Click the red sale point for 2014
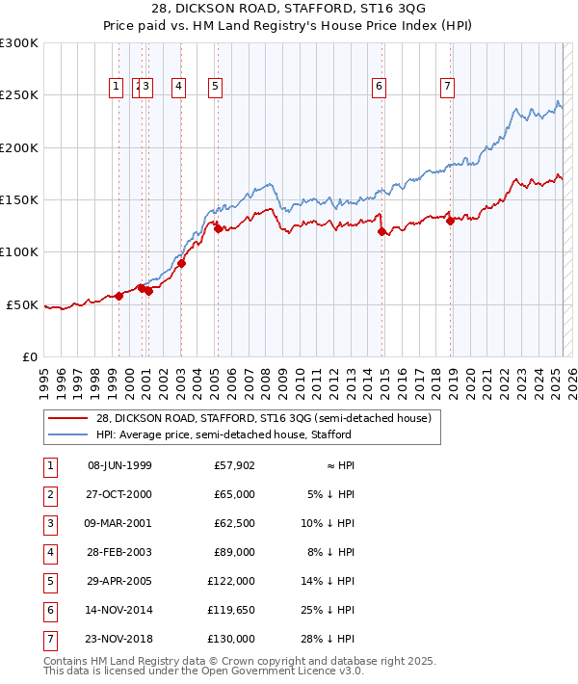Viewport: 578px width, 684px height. point(382,231)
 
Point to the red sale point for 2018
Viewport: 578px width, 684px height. point(451,221)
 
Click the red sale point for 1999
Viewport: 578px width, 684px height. point(119,296)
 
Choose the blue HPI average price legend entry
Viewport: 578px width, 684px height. point(241,435)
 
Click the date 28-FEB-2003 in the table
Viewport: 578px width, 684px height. point(119,552)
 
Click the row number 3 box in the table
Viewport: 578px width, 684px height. point(48,523)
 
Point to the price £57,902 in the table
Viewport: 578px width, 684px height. point(232,465)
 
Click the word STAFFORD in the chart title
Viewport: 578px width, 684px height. point(256,9)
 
